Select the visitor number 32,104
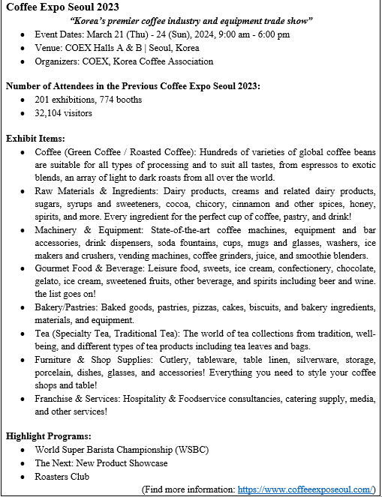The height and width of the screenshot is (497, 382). point(50,113)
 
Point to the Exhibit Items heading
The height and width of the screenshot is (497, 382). point(35,139)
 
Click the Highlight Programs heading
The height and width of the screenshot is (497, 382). point(49,436)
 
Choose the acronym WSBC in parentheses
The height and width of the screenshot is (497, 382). point(192,450)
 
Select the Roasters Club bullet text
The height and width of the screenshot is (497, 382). point(62,476)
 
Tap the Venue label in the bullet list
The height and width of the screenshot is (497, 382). point(49,48)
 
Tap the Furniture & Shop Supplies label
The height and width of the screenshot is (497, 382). point(96,360)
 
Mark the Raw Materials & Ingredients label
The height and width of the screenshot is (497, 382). point(96,191)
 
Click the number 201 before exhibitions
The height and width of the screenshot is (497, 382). point(43,100)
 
